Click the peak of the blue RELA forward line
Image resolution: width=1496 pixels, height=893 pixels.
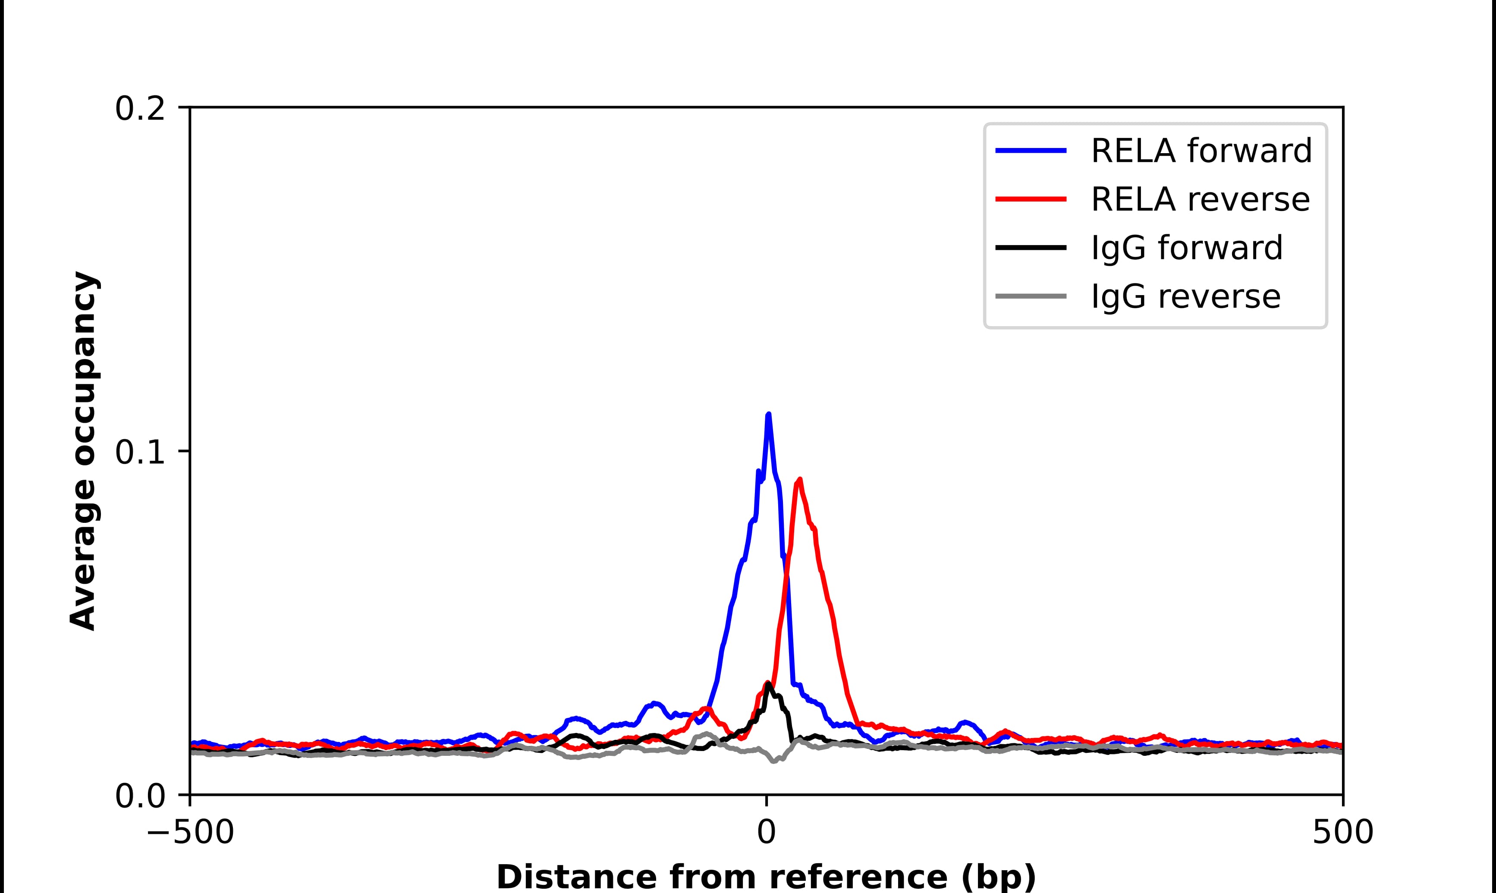click(x=768, y=415)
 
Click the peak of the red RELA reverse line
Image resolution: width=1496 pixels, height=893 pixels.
click(x=799, y=480)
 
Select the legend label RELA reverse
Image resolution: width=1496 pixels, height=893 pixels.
click(x=1200, y=199)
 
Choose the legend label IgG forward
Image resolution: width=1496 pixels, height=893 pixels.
click(x=1186, y=248)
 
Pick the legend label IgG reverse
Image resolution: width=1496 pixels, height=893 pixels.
click(x=1185, y=297)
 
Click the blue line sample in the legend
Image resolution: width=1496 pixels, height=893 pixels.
click(x=1031, y=151)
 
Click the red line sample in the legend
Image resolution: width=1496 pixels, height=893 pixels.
click(x=1031, y=199)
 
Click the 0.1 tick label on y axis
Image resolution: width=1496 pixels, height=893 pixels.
click(x=140, y=453)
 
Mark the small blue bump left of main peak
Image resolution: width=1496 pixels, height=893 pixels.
click(x=654, y=704)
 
